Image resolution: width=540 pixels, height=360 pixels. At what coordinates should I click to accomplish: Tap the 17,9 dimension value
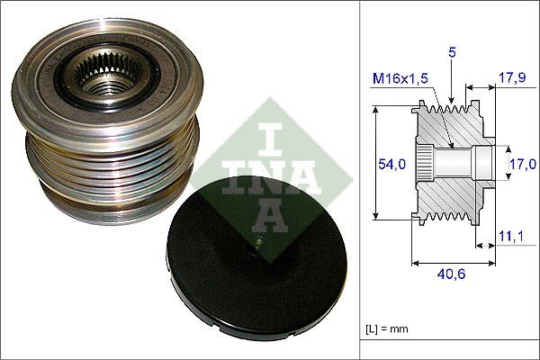pyautogui.click(x=511, y=77)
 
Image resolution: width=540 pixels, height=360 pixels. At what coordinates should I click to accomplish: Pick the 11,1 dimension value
pyautogui.click(x=511, y=236)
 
